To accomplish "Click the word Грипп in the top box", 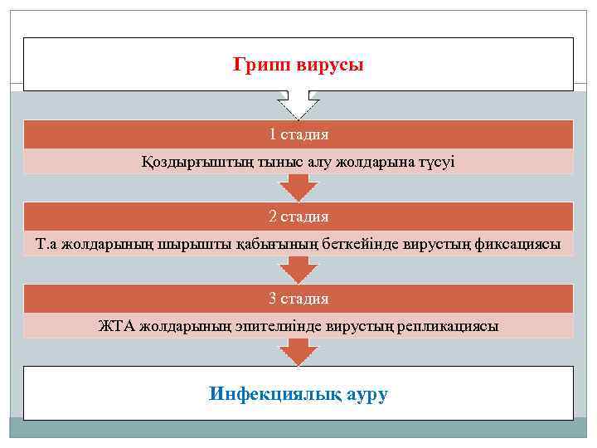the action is pyautogui.click(x=260, y=64).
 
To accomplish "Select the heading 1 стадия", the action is pyautogui.click(x=298, y=134).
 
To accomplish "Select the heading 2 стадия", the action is pyautogui.click(x=298, y=217).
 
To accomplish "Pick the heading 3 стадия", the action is pyautogui.click(x=298, y=299).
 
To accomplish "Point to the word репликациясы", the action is pyautogui.click(x=452, y=326).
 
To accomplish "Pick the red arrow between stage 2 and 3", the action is pyautogui.click(x=298, y=270).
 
